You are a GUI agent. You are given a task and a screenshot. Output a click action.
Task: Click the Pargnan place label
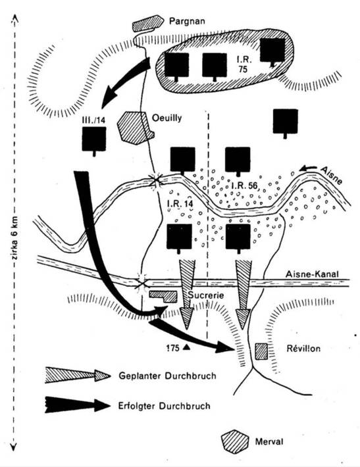click(x=187, y=22)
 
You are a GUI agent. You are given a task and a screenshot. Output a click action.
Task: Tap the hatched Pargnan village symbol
click(x=148, y=23)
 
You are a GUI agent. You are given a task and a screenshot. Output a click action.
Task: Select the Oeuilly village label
click(x=167, y=118)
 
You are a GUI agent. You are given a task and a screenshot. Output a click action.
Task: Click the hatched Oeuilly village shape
click(x=135, y=128)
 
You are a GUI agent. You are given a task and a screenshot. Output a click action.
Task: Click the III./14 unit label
click(x=93, y=120)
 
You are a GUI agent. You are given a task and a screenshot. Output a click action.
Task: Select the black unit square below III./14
click(x=94, y=139)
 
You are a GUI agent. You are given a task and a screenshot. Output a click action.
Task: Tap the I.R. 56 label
click(x=244, y=186)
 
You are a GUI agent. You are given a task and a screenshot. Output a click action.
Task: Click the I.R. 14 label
click(x=180, y=204)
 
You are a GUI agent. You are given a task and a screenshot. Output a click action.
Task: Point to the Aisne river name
click(x=332, y=176)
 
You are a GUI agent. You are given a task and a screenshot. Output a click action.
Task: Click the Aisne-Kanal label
click(x=312, y=274)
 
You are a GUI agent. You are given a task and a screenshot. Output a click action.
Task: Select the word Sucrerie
click(x=205, y=295)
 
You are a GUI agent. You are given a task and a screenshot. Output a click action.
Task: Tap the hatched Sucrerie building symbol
click(x=163, y=297)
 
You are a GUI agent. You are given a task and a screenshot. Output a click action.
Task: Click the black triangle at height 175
click(x=186, y=347)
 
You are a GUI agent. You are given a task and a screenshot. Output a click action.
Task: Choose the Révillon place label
click(x=303, y=349)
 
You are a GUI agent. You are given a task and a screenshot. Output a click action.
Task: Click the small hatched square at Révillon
click(x=261, y=351)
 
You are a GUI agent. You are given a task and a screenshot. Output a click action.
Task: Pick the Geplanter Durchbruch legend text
click(x=167, y=376)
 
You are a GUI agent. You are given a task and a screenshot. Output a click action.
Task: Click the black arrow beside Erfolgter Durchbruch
click(x=78, y=405)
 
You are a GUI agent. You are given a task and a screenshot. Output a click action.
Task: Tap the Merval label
click(x=269, y=441)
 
